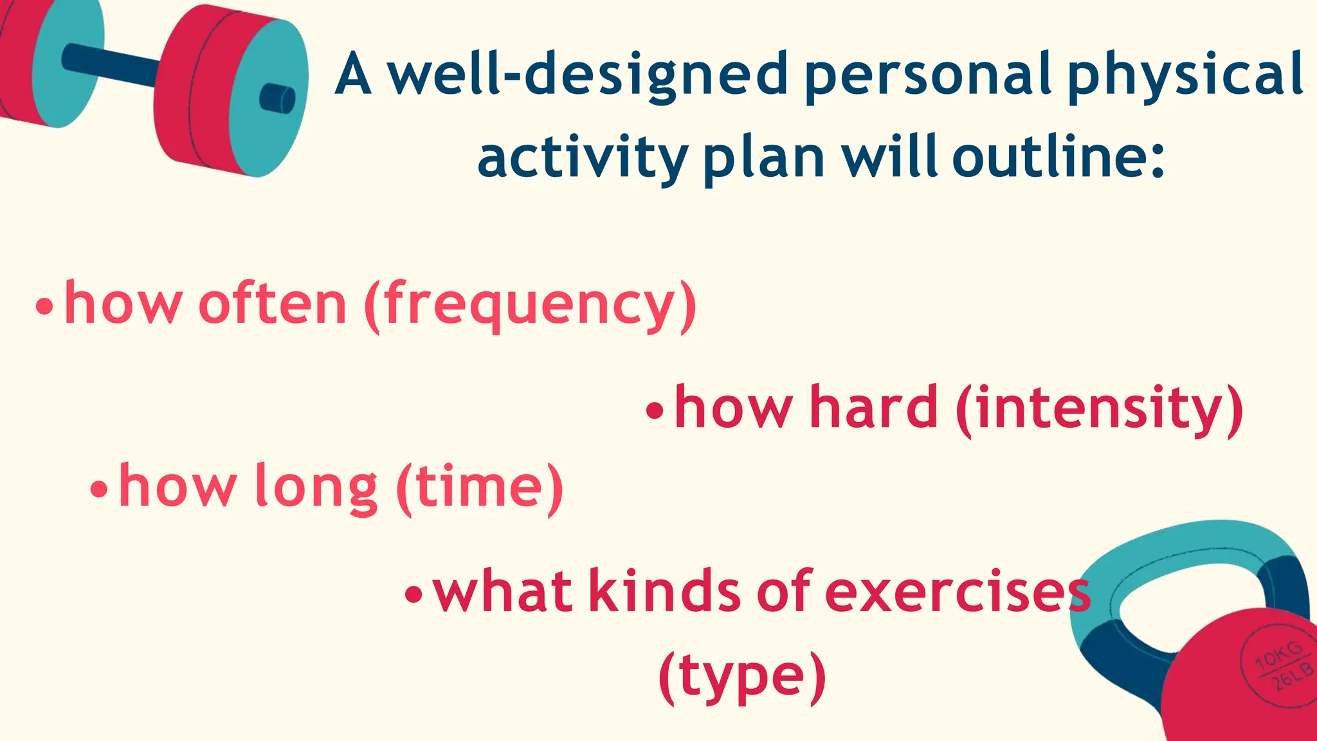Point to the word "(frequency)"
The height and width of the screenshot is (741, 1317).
tap(530, 306)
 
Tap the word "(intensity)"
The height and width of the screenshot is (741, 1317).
tap(1100, 408)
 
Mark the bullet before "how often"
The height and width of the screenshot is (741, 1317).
tap(44, 307)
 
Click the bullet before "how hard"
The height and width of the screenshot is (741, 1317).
tap(654, 410)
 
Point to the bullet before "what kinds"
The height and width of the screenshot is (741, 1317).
tap(414, 594)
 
